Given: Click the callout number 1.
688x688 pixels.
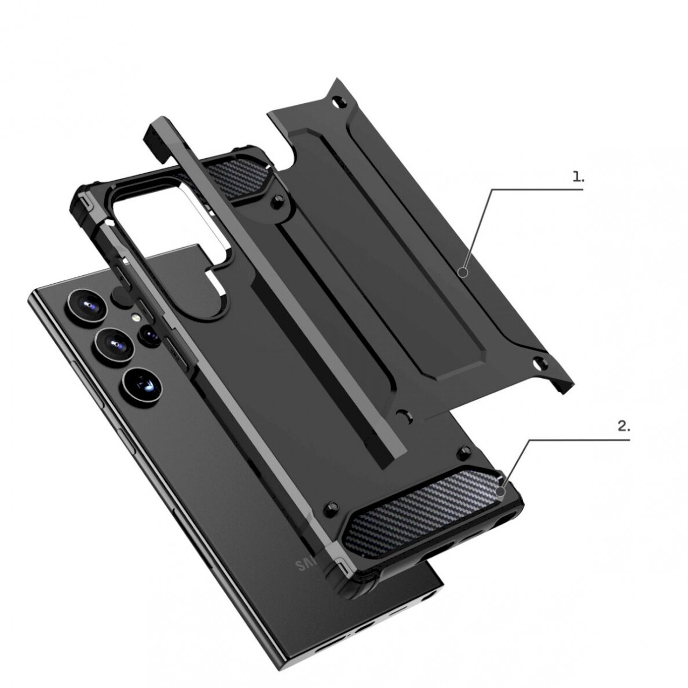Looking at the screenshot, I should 578,178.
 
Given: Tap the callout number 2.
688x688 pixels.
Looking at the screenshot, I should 623,427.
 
